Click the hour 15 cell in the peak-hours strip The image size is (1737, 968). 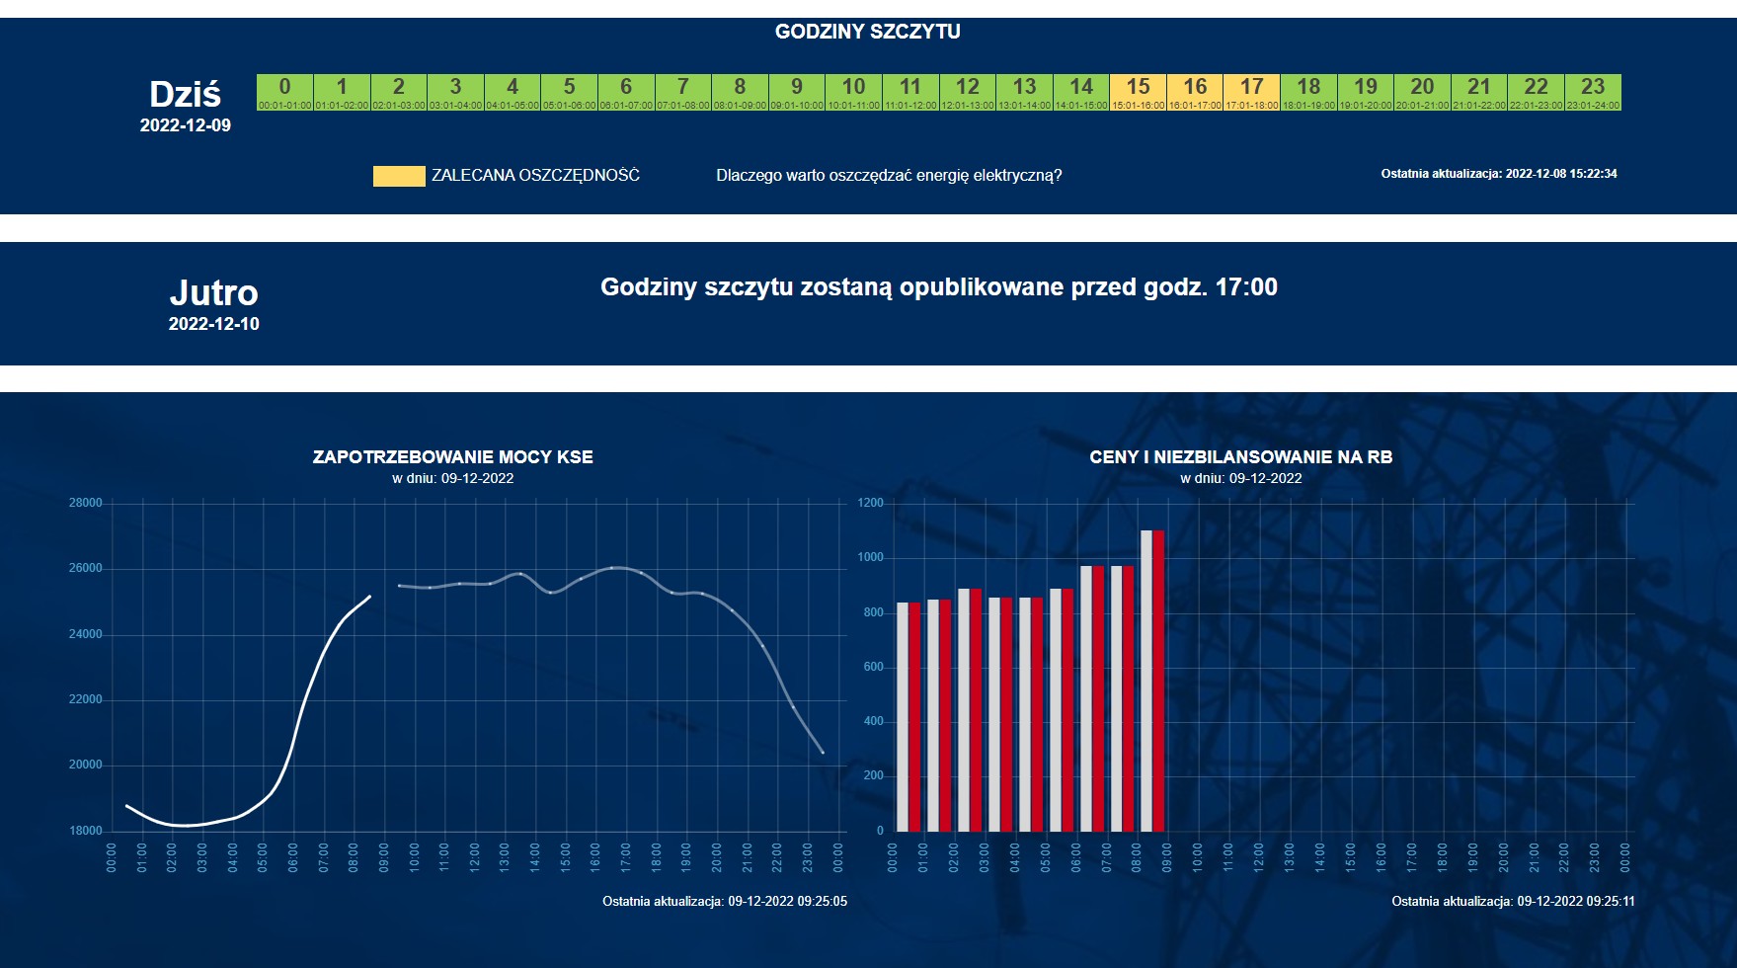tap(1138, 92)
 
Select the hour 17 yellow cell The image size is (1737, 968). tap(1251, 92)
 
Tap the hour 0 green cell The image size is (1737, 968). tap(284, 92)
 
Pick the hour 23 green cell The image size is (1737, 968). tap(1593, 92)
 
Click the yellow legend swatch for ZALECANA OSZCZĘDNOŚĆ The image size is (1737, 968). tap(399, 176)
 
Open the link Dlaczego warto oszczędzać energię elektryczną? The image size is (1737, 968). tap(889, 176)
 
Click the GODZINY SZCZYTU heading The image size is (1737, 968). tap(867, 32)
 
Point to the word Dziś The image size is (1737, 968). tap(185, 95)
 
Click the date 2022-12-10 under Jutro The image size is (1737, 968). tap(213, 324)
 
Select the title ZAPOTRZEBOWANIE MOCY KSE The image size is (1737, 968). tap(452, 457)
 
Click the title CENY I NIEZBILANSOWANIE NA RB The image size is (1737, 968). tap(1240, 457)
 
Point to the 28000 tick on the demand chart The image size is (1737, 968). tap(86, 503)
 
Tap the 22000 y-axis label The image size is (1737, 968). tap(86, 699)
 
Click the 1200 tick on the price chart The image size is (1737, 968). tap(871, 503)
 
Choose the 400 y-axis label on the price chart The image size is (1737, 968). tap(873, 721)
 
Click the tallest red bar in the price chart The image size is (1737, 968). tap(1158, 682)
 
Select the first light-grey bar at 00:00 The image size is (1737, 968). tap(902, 716)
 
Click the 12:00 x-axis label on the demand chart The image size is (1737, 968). tap(475, 856)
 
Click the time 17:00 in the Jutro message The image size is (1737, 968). tap(1246, 287)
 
